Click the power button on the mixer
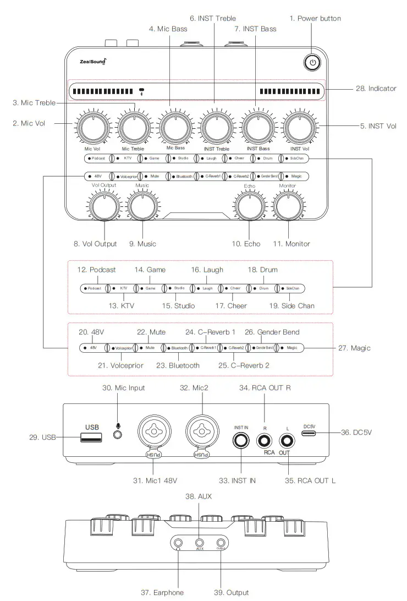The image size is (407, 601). coord(312,63)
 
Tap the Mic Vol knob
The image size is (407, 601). coord(92,128)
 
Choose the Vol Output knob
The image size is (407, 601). coord(104,207)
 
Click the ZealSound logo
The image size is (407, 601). coord(90,61)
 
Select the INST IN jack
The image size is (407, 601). coord(241,440)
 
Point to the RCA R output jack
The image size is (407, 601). coord(265,440)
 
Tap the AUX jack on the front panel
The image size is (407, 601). coord(200,542)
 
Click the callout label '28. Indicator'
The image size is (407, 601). coord(374,89)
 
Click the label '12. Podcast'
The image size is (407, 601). coord(97,270)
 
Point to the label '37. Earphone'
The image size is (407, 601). coord(162,592)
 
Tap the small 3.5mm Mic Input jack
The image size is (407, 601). coord(117,435)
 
